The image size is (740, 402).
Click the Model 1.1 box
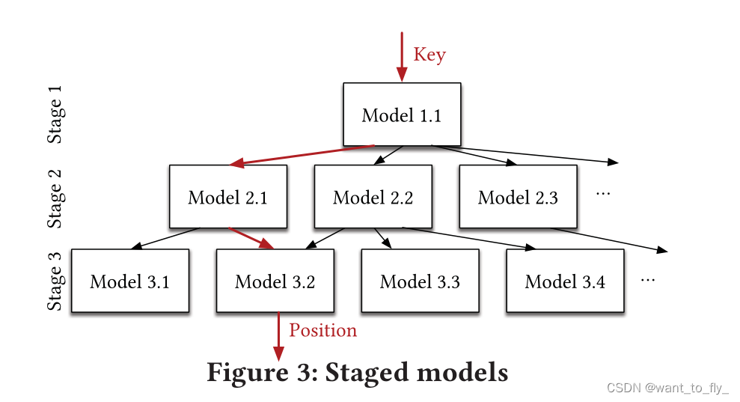coord(402,115)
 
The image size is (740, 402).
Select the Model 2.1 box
coord(228,197)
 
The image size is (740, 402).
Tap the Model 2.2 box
coord(373,197)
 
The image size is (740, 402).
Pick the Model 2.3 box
coord(518,197)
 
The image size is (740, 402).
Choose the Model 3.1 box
coord(130,281)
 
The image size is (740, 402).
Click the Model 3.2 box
coord(275,281)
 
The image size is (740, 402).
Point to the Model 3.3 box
coord(420,281)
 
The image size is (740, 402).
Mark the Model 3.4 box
coord(565,281)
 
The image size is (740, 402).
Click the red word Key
coord(429,55)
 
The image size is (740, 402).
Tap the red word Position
coord(323,330)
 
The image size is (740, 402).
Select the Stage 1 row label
coord(56,114)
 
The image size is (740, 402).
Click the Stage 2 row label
coord(56,198)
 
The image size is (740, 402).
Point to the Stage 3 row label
coord(56,281)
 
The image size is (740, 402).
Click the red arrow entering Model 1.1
coord(402,56)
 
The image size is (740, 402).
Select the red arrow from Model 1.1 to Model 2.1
coord(303,156)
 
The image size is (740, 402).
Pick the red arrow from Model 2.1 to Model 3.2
coord(251,238)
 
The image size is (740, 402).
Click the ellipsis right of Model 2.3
coord(603,193)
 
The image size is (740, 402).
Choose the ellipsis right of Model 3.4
coord(648,279)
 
